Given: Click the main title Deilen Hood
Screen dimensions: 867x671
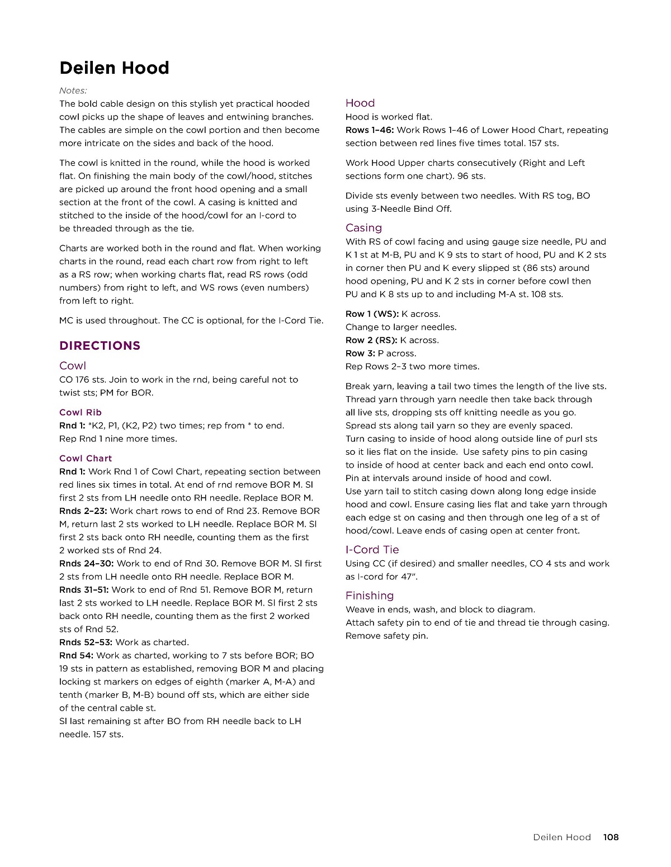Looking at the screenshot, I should click(x=114, y=68).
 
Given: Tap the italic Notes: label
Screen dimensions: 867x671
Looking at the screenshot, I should click(x=73, y=90).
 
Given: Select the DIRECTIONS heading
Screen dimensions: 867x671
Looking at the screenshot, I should click(x=100, y=346).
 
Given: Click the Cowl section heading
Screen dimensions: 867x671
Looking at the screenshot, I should click(x=73, y=366).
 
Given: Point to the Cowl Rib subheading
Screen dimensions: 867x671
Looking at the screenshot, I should click(x=81, y=412).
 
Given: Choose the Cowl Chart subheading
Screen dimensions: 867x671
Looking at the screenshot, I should click(x=86, y=458).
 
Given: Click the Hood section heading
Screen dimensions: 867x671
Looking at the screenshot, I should click(x=360, y=103).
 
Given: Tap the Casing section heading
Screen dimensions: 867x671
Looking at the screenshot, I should click(x=363, y=228).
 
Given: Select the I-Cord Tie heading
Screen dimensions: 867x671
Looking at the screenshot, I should click(x=372, y=550).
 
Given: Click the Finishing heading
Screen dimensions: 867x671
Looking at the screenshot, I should click(x=370, y=596).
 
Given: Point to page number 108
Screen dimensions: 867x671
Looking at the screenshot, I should click(x=611, y=837).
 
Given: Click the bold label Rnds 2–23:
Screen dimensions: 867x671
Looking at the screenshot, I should click(x=83, y=511).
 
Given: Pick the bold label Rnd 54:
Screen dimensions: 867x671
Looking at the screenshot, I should click(x=76, y=655).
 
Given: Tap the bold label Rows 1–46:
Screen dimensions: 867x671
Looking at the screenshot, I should click(x=370, y=130).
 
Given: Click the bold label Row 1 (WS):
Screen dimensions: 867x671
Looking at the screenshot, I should click(x=372, y=314).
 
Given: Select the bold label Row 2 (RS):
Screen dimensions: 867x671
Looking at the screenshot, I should click(x=371, y=340).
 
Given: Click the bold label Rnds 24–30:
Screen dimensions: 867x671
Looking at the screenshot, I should click(x=86, y=563).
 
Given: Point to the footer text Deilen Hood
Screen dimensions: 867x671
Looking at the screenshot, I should click(x=561, y=837).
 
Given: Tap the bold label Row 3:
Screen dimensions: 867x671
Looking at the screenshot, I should click(x=360, y=353).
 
